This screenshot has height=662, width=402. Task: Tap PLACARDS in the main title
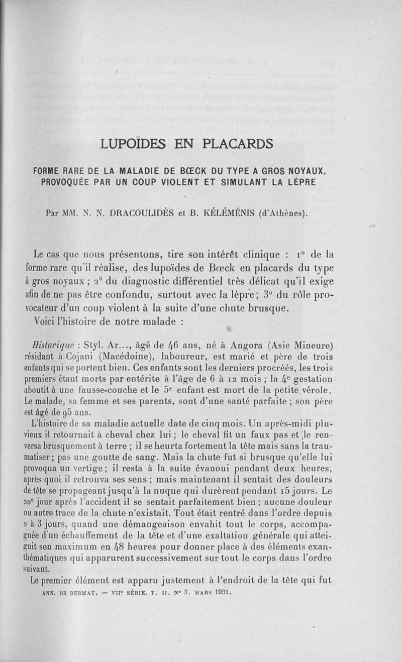click(x=237, y=144)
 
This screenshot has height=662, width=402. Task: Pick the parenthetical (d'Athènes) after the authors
click(x=282, y=212)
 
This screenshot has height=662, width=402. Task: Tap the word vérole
click(x=319, y=390)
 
